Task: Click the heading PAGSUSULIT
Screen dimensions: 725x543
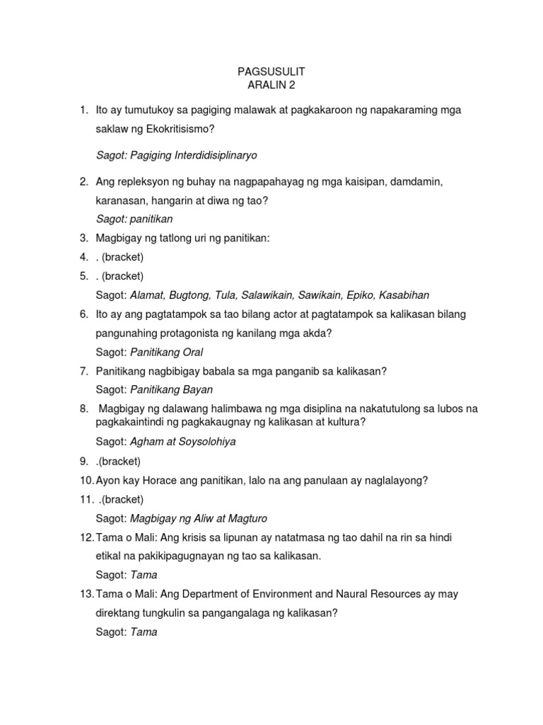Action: point(271,72)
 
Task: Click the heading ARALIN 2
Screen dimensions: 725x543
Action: point(271,85)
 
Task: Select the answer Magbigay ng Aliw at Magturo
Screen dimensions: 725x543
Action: point(199,518)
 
